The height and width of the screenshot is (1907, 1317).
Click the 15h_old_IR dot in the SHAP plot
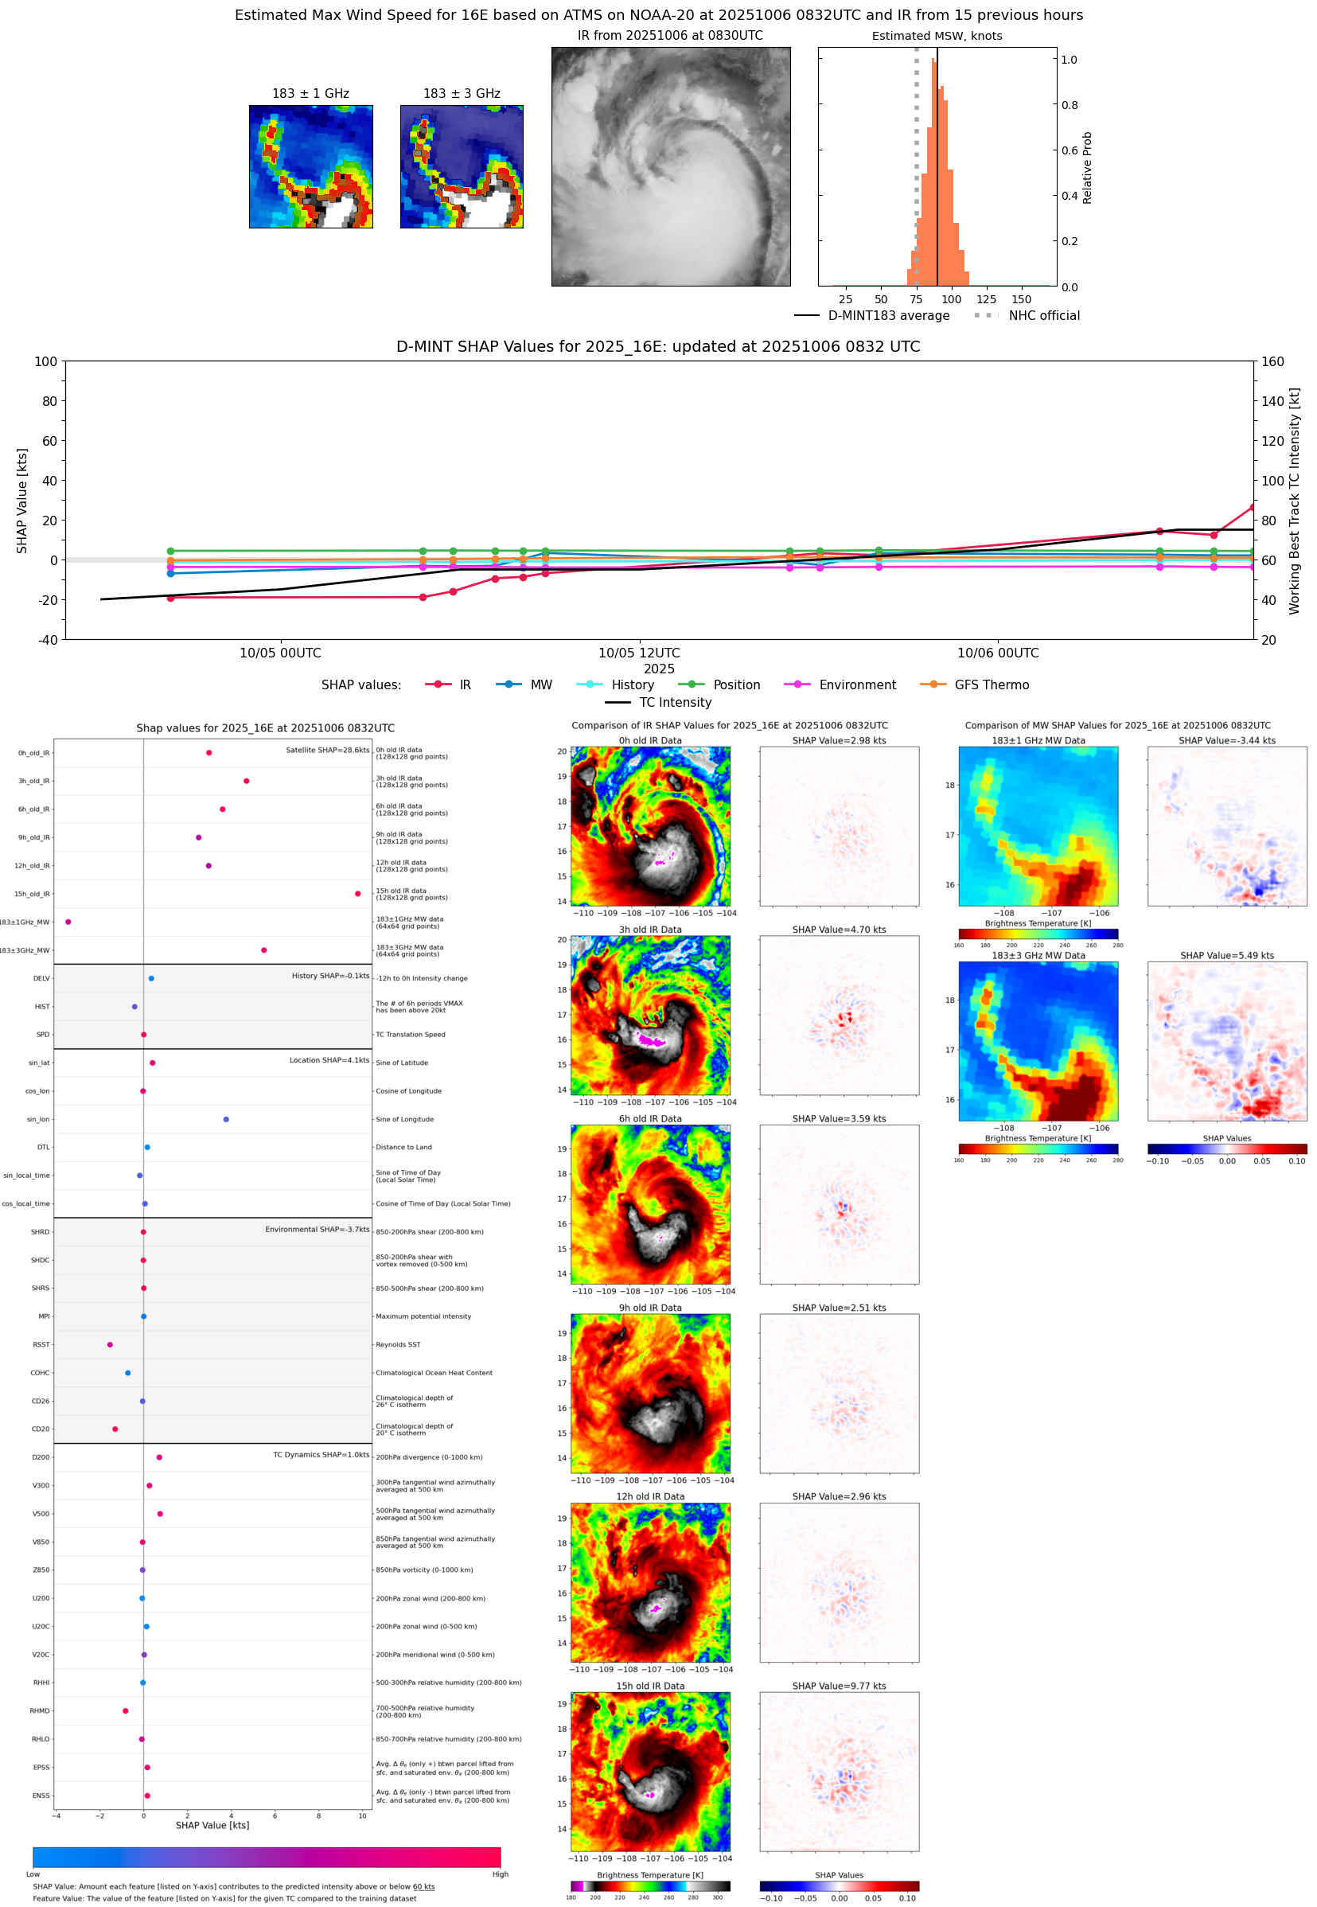point(357,894)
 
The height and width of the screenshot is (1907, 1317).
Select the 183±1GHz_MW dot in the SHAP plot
point(68,922)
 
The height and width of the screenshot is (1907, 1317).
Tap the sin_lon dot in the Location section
point(226,1119)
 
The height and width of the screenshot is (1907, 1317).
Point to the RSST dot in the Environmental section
point(110,1344)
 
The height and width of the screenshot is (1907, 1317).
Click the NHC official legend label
point(1044,315)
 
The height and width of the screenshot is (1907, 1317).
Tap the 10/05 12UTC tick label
point(639,653)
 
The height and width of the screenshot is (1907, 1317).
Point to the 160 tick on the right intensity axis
point(1272,361)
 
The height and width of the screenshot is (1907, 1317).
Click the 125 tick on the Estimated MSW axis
point(986,299)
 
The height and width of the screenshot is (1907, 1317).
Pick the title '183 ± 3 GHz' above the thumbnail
point(462,94)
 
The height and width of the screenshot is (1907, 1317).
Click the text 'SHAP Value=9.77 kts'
point(839,1686)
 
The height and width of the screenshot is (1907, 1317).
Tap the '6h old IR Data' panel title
point(650,1119)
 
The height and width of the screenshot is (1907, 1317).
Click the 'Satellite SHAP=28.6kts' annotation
point(327,750)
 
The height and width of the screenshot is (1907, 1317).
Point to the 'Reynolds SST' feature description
point(398,1344)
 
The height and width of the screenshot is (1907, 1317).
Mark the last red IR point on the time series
point(1253,508)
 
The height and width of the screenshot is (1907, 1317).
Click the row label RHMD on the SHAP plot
point(40,1710)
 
